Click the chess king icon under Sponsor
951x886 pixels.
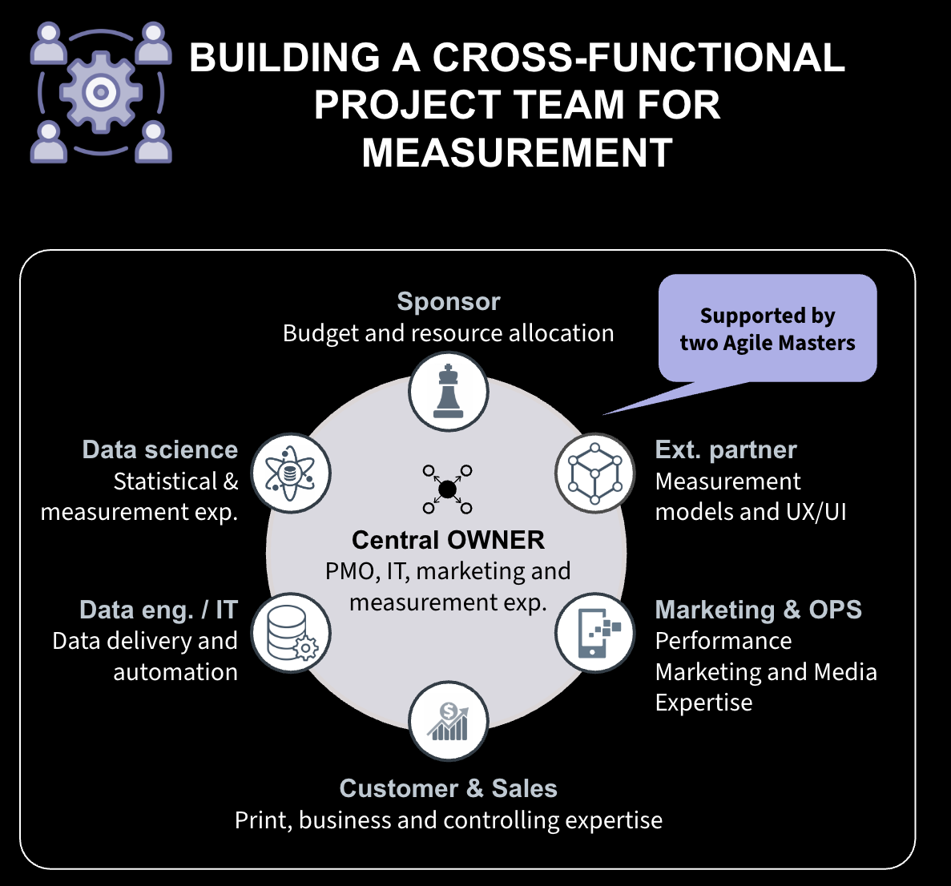[448, 392]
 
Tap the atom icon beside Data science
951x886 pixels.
[291, 473]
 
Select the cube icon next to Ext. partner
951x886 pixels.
[594, 473]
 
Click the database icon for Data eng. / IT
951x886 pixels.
[291, 633]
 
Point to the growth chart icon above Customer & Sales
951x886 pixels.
[448, 722]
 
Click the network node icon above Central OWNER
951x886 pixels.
[448, 489]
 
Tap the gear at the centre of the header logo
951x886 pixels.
[101, 92]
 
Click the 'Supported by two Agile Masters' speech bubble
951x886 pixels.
[768, 329]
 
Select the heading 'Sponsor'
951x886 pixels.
[449, 301]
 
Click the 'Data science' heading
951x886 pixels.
[160, 450]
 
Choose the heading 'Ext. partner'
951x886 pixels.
[726, 450]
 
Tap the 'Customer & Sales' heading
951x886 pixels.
[448, 788]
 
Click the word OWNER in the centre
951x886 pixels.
[495, 540]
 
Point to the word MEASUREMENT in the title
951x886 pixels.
[518, 152]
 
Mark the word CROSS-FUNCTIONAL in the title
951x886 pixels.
[639, 57]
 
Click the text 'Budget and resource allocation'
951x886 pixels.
[448, 333]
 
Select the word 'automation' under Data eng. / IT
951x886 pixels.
[175, 672]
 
